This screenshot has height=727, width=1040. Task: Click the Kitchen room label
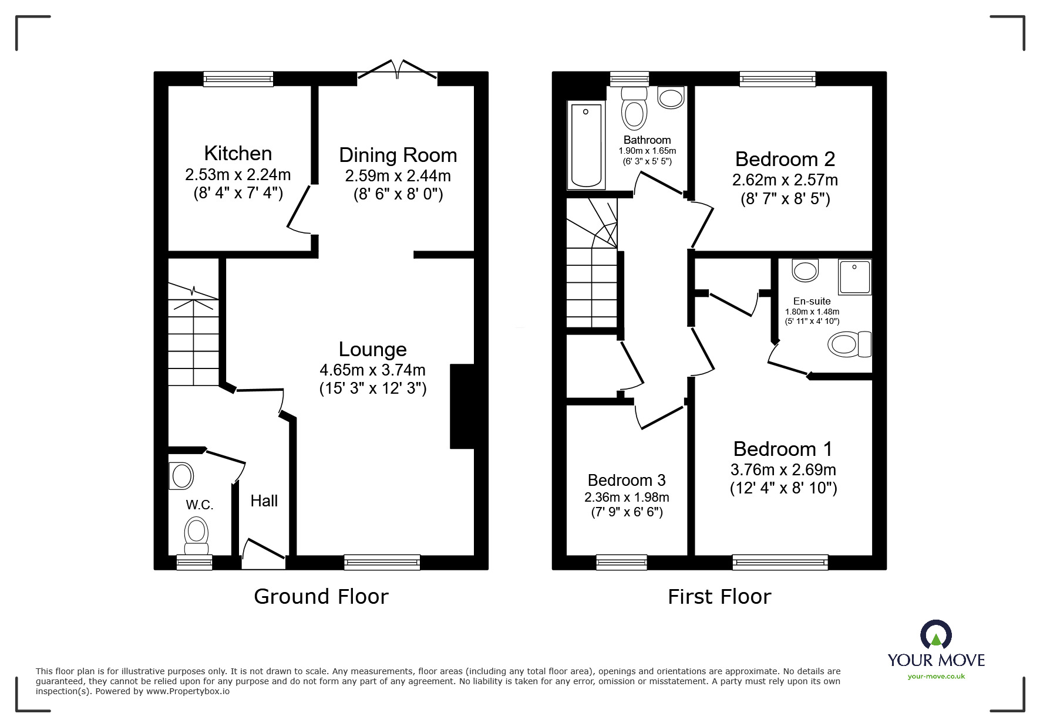pos(238,153)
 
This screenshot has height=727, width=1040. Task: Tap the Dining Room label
pos(398,155)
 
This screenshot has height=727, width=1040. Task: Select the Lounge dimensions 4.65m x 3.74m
pos(373,370)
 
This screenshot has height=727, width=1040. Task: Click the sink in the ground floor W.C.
pos(181,476)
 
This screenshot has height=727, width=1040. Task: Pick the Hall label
pos(264,501)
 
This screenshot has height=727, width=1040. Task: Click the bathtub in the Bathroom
pos(586,146)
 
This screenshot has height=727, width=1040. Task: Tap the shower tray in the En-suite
pos(855,277)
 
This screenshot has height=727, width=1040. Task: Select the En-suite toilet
pos(850,344)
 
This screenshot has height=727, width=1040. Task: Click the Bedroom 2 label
pos(785,159)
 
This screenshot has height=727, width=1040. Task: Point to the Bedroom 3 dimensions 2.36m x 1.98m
pos(627,498)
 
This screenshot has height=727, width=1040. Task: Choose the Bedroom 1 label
pos(783,449)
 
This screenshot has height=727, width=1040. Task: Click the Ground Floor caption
pos(321,597)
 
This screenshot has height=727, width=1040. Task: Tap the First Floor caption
pos(719,597)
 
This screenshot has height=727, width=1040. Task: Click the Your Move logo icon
pos(936,636)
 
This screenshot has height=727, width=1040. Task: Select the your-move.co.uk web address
pos(937,677)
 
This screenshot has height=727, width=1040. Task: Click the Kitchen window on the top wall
pos(238,79)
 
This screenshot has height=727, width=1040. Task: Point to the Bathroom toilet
pos(634,108)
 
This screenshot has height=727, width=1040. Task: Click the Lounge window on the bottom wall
pos(382,562)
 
